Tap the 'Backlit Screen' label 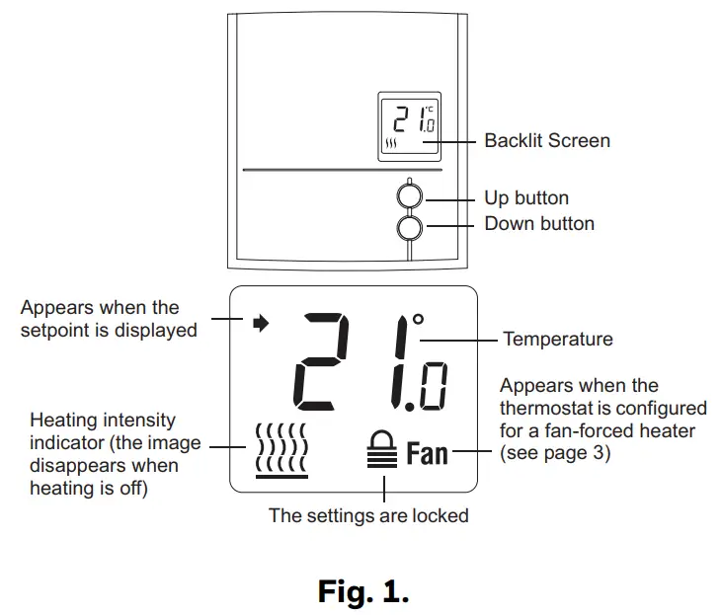[546, 141]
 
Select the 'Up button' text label [525, 198]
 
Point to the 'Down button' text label [538, 224]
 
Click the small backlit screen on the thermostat [409, 126]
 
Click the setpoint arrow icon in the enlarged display [261, 323]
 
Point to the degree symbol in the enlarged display [418, 320]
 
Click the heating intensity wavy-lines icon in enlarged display [281, 449]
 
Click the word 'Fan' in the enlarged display [428, 454]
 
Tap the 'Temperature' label [557, 340]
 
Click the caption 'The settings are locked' [368, 515]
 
